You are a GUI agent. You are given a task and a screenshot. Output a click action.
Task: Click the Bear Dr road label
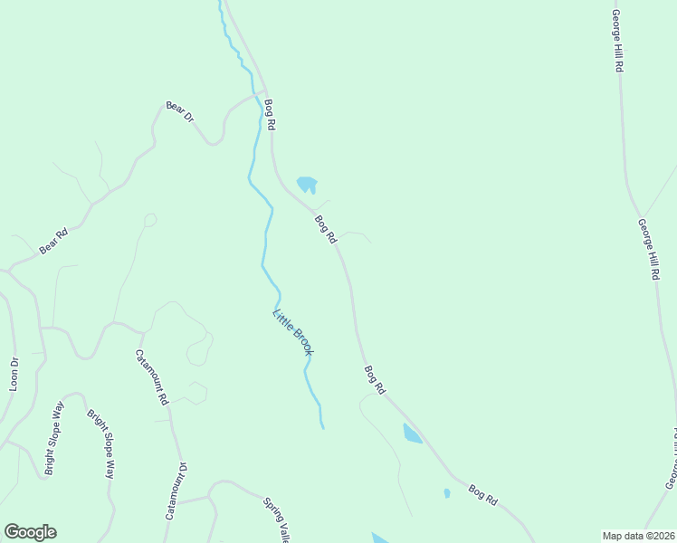[x=179, y=111]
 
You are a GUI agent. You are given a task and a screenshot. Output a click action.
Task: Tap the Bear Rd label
[x=53, y=242]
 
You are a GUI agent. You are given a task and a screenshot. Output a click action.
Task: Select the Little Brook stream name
[x=292, y=332]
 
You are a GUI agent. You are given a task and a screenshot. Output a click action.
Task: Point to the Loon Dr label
[x=14, y=374]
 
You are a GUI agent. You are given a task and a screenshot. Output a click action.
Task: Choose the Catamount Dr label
[x=176, y=491]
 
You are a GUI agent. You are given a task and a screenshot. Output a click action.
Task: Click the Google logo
[x=30, y=532]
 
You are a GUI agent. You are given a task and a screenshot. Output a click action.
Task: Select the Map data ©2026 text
[x=638, y=536]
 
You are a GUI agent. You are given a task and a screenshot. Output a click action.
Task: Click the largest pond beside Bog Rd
[x=307, y=185]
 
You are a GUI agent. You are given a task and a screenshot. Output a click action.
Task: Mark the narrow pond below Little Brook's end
[x=412, y=433]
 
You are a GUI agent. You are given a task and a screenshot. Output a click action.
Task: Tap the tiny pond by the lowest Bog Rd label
[x=447, y=493]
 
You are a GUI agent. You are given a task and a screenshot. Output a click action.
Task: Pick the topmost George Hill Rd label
[x=616, y=41]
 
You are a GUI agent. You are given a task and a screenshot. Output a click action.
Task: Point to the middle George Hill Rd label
[x=648, y=249]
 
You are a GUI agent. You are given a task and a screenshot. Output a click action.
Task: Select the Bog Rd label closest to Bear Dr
[x=269, y=116]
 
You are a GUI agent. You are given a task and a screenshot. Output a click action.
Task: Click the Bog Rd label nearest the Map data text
[x=483, y=495]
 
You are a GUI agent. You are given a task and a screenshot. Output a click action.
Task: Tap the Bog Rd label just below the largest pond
[x=326, y=228]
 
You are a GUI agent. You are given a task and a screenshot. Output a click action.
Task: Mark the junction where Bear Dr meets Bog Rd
[x=262, y=91]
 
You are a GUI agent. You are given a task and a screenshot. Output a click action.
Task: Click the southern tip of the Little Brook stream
[x=322, y=427]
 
